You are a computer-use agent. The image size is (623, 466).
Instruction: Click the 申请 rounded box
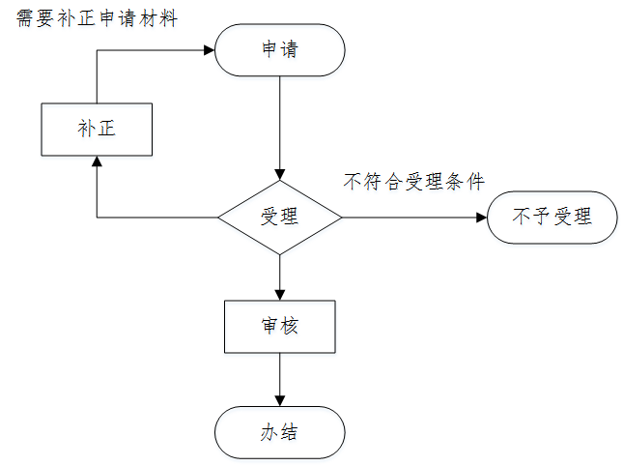280,49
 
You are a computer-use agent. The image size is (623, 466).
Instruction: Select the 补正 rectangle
97,129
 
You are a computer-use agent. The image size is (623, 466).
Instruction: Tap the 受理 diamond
280,217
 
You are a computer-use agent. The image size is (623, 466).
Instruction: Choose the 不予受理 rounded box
552,217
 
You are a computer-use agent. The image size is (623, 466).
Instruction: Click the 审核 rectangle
280,326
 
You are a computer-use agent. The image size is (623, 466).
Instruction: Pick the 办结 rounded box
280,432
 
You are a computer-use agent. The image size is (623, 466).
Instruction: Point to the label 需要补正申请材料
98,18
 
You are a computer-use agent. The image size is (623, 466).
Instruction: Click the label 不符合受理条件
413,182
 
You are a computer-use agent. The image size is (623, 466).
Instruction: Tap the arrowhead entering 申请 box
210,49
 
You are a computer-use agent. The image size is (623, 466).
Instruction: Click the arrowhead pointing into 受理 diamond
280,174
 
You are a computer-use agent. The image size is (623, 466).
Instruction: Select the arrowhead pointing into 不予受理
481,217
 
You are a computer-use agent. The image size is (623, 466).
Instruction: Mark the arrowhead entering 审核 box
280,294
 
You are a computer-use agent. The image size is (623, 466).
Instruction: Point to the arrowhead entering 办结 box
280,400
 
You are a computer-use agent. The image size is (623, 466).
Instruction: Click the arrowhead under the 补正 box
97,162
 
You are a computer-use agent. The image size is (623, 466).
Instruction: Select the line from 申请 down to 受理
280,121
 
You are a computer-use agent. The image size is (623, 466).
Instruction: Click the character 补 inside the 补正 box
87,129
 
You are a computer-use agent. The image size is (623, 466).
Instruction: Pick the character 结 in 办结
290,432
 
